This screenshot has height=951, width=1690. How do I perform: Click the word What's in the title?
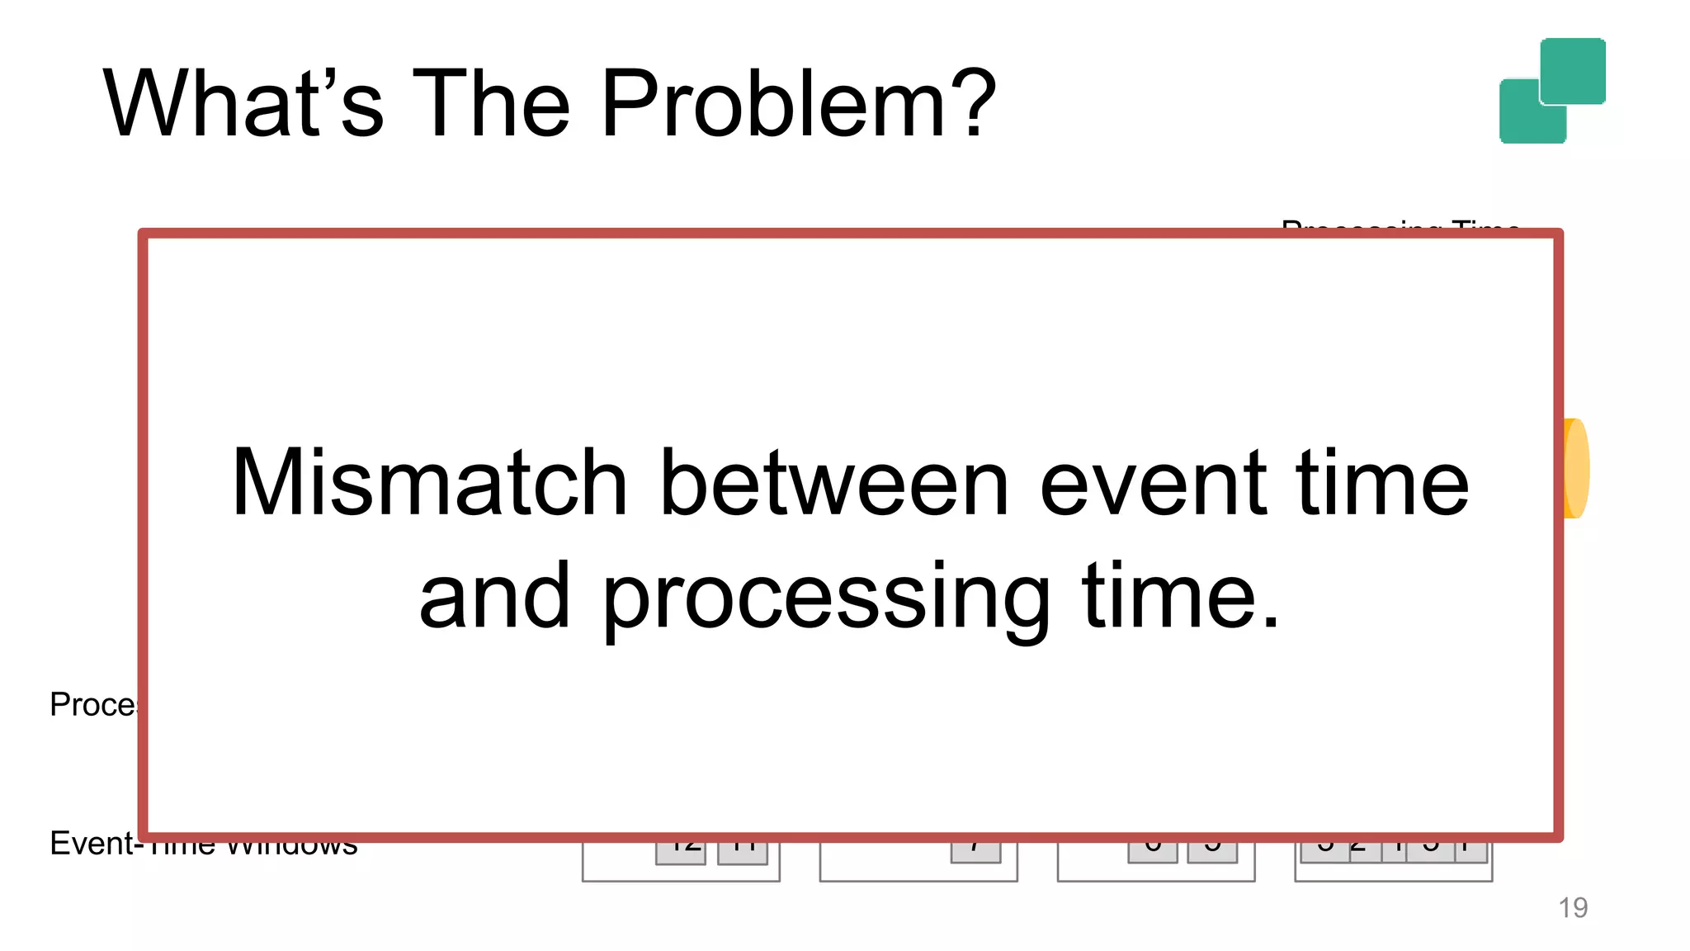point(244,104)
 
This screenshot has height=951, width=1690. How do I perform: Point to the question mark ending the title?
point(974,104)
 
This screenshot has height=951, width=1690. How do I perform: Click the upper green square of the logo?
point(1573,70)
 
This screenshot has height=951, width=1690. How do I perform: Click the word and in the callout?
point(494,596)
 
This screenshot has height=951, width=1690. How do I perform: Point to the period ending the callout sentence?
point(1270,622)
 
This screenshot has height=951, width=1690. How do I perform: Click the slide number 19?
point(1573,907)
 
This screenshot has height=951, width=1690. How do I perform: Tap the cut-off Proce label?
point(92,704)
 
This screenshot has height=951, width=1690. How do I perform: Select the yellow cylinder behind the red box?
point(1577,469)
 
